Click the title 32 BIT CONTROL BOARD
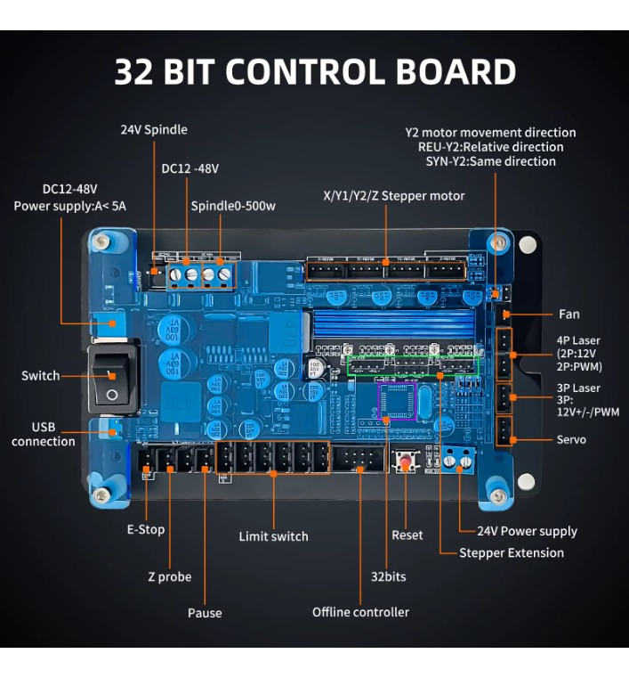coord(315,72)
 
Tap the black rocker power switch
coord(112,379)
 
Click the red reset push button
coord(408,463)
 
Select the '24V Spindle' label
coord(154,129)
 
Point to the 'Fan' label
coord(569,314)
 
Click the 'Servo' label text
coord(571,439)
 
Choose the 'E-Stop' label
coord(146,529)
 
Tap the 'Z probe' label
coord(169,576)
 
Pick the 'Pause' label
coord(205,613)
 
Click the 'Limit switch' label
coord(273,536)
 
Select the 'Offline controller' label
coord(360,612)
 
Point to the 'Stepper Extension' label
coord(512,552)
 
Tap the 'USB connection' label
coord(44,435)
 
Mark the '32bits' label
coord(388,576)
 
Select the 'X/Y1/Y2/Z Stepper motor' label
coord(393,196)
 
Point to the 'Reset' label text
coord(407,535)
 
